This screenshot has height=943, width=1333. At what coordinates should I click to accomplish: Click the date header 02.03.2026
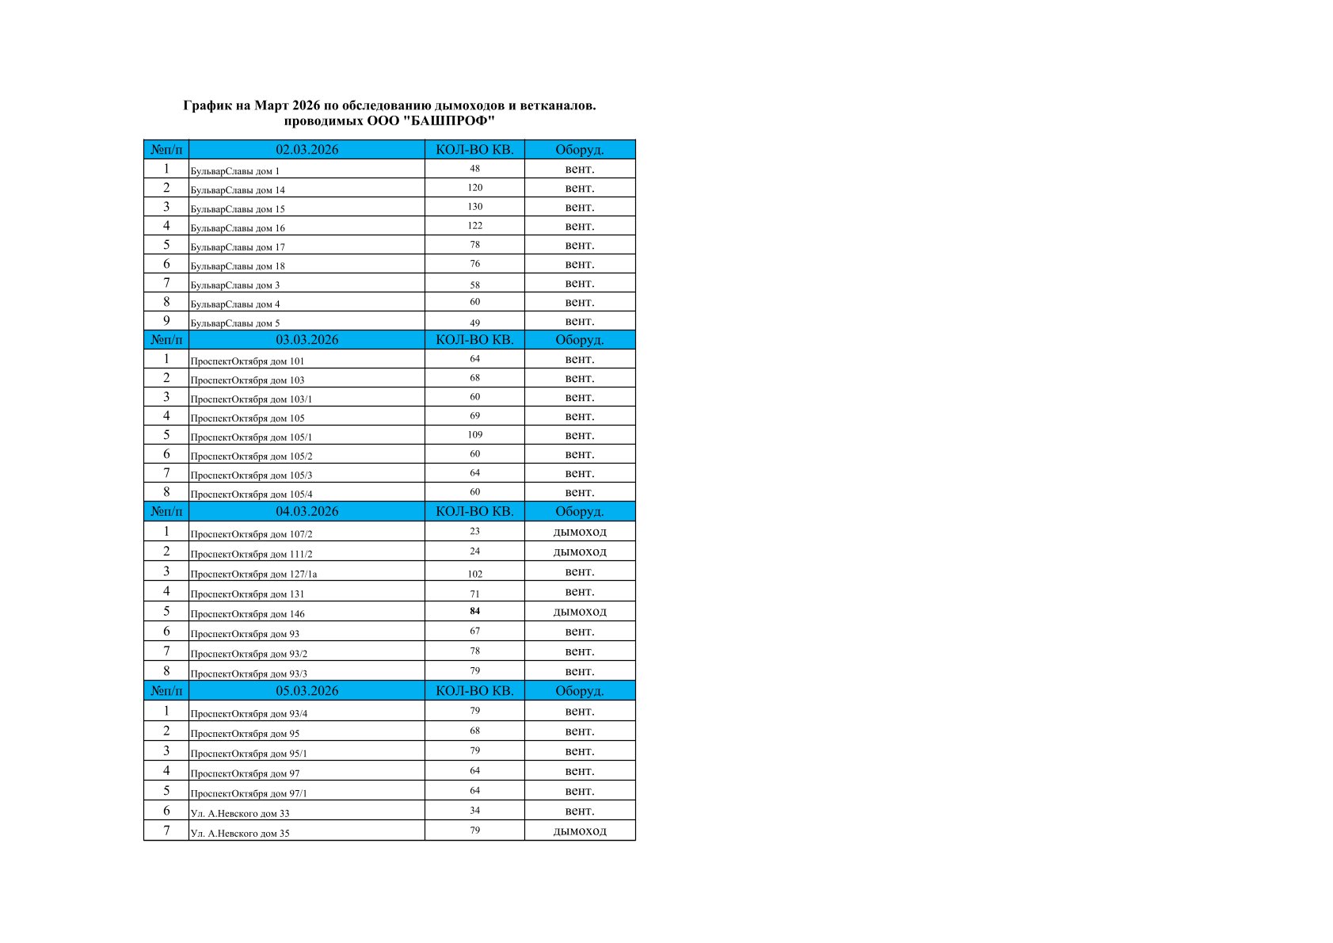307,150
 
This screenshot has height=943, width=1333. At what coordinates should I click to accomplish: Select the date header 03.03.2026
307,340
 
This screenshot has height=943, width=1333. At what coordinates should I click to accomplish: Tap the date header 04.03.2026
307,512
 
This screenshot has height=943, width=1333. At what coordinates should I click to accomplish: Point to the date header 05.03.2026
307,691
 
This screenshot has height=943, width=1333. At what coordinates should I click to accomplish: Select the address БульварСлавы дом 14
238,190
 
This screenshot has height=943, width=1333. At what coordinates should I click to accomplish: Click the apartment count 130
474,207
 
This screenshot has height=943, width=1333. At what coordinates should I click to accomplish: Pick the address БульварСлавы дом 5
235,323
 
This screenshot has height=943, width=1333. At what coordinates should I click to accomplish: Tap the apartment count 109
474,435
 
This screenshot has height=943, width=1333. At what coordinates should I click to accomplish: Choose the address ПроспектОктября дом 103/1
251,399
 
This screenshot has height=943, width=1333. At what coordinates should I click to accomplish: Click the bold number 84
474,611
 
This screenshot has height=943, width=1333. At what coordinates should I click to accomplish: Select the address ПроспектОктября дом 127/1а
253,575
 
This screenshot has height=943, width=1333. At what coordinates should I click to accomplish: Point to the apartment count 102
474,575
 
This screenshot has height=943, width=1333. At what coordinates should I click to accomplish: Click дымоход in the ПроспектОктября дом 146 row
580,612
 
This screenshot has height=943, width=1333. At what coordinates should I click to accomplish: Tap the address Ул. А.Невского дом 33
240,814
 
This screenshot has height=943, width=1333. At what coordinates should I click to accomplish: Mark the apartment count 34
474,811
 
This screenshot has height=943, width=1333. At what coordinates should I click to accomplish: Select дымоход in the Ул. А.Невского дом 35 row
580,831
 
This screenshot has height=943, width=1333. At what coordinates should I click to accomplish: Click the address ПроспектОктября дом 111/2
251,555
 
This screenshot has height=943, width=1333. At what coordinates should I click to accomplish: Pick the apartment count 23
474,532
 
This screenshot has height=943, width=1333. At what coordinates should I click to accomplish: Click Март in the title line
272,105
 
